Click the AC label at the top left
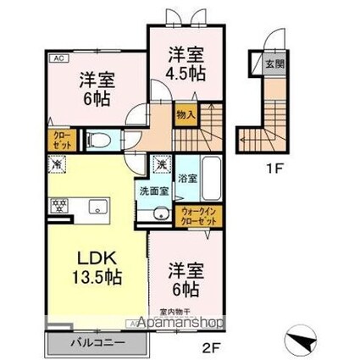[59, 58]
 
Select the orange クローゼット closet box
[62, 139]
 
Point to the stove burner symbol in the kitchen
[60, 204]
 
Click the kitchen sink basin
[95, 204]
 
